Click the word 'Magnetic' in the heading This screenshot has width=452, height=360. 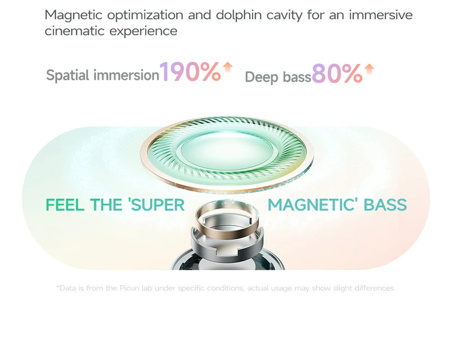(x=73, y=16)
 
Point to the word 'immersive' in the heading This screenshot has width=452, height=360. (x=380, y=15)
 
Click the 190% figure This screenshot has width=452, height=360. (x=190, y=72)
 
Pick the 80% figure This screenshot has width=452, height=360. (x=337, y=73)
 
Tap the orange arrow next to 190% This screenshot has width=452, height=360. (x=228, y=67)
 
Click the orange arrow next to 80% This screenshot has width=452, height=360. (x=369, y=69)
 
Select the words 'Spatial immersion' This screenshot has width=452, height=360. (x=103, y=75)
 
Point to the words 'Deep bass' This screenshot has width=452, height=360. (x=278, y=77)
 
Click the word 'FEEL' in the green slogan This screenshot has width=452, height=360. (x=65, y=205)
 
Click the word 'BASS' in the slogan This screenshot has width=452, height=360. (x=385, y=205)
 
